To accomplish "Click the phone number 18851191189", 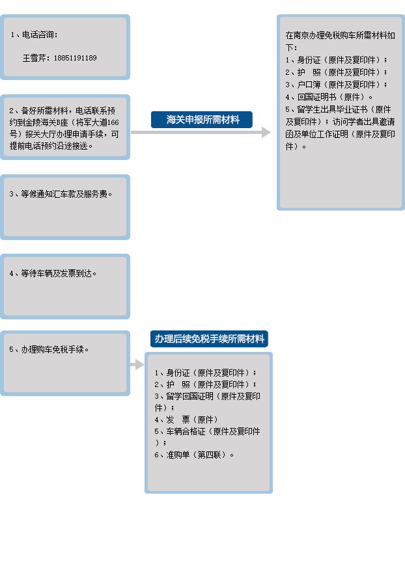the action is [76, 58].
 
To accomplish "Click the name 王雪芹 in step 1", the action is [34, 58].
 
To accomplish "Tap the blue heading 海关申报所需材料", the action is [202, 120].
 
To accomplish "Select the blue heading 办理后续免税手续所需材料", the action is [209, 339].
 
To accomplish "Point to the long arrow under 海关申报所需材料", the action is [201, 132].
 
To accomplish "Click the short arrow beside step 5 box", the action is [137, 365].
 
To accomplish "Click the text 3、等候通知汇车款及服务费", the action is [61, 194].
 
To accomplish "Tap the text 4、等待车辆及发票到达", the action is [53, 273].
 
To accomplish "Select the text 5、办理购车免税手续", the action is [49, 349].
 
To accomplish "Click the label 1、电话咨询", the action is [34, 34].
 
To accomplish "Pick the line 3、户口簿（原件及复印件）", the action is [336, 85].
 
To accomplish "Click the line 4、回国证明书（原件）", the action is [329, 97].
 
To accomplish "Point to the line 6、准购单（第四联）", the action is [194, 455].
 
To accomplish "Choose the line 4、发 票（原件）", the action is [186, 420].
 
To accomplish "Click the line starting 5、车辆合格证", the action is [207, 437].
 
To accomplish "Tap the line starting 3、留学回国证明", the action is [207, 402].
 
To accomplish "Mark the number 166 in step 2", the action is [113, 122].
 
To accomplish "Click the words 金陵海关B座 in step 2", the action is [49, 122].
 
